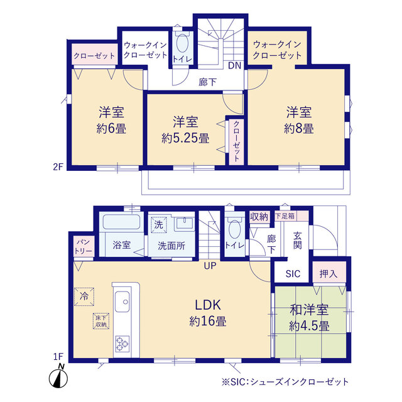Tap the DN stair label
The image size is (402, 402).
(x=234, y=65)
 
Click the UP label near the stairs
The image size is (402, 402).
(x=210, y=266)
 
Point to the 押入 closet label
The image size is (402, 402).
(x=328, y=274)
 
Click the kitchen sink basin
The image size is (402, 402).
(x=122, y=301)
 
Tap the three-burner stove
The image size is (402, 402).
(x=122, y=344)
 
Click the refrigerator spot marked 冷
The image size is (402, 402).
(x=84, y=296)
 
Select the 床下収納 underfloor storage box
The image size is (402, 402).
(x=101, y=321)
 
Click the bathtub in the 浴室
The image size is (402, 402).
(x=121, y=222)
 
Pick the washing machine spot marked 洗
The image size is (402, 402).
(x=159, y=225)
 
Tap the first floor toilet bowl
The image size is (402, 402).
(x=234, y=229)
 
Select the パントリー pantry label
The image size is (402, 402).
(x=83, y=247)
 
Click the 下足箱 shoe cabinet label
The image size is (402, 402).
(x=285, y=216)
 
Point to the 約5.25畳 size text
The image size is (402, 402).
(x=185, y=139)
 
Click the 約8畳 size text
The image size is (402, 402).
(x=299, y=128)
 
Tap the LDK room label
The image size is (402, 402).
(x=208, y=305)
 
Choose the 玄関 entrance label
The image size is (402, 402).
(x=297, y=241)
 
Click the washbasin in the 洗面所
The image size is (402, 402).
(x=184, y=223)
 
